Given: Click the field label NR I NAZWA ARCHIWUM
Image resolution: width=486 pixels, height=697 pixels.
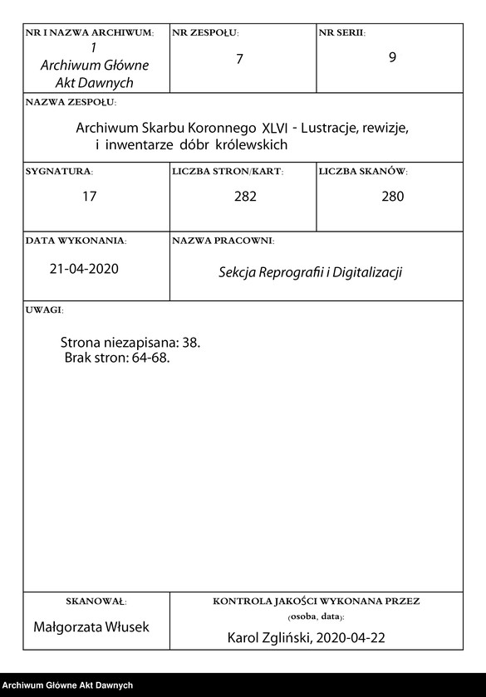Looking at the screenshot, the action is click(90, 33).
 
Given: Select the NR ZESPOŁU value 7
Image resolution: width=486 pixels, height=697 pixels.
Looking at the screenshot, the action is click(239, 60).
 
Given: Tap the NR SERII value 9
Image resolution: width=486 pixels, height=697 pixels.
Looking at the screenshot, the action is click(392, 60).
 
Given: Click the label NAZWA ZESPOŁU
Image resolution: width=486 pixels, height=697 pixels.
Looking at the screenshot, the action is click(71, 103).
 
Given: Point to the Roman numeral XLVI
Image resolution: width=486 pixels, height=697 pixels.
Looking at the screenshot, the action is click(277, 129).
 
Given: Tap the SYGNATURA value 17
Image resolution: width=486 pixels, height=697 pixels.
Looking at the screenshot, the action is click(90, 197).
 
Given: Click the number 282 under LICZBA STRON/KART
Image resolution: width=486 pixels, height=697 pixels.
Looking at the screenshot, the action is click(245, 197).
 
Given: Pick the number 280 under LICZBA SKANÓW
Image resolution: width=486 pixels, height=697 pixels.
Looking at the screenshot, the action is click(392, 197).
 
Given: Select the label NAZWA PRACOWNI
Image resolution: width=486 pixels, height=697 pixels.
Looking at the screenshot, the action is click(223, 241).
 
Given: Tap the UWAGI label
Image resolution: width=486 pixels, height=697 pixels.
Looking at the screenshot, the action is click(44, 310).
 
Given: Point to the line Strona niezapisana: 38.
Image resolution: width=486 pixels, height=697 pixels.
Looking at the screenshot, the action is click(130, 342).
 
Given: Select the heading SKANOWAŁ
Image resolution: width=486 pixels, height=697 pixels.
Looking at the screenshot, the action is click(96, 601).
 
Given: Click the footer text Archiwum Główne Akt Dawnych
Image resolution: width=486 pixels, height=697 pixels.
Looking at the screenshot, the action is click(67, 685).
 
